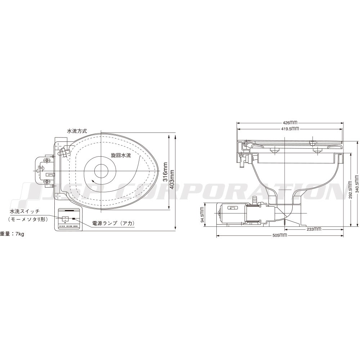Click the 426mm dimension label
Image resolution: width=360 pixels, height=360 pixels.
[290, 123]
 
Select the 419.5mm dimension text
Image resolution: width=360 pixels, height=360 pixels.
[290, 129]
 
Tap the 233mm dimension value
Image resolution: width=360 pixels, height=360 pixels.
[314, 229]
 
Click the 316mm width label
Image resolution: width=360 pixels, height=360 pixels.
[165, 172]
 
